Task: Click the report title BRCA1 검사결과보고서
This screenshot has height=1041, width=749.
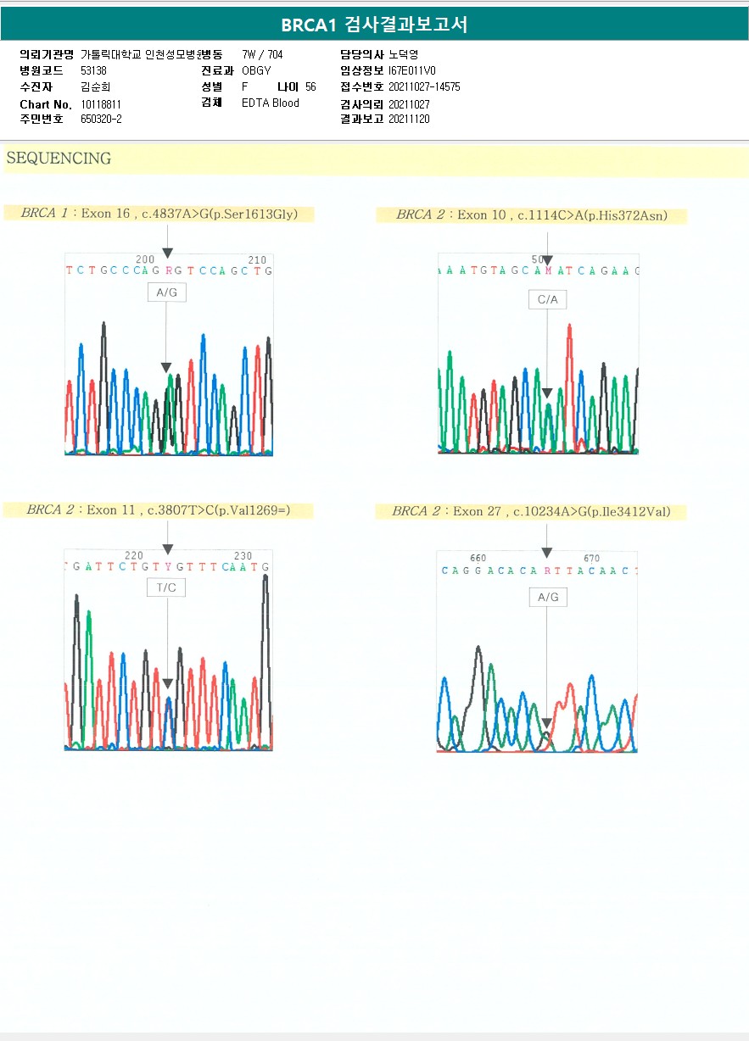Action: tap(374, 25)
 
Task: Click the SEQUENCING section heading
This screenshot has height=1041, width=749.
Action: tap(59, 159)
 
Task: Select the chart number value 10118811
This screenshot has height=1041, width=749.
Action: tap(101, 104)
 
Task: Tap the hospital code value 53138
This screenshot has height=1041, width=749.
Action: tap(93, 70)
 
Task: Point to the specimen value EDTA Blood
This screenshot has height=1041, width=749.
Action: tap(271, 103)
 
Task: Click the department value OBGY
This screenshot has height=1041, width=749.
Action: tap(256, 70)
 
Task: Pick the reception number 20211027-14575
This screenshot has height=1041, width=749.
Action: tap(424, 86)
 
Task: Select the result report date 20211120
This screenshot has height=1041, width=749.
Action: tap(409, 120)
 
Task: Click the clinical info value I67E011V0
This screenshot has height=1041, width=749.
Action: tap(412, 70)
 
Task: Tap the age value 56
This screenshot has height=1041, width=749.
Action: tap(310, 87)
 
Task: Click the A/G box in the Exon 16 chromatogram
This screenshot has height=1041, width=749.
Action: tap(166, 292)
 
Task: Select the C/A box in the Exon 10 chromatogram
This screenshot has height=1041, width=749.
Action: tap(547, 300)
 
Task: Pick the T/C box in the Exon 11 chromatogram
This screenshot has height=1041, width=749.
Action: tap(166, 587)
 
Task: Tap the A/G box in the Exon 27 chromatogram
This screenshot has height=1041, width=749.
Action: tap(548, 597)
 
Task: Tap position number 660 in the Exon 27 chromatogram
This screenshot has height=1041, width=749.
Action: tap(478, 558)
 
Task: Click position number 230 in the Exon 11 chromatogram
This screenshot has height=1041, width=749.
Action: tap(243, 556)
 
